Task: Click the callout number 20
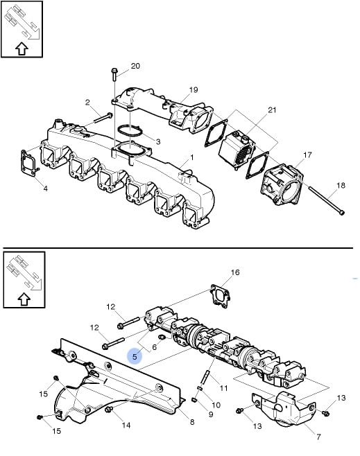pyautogui.click(x=135, y=66)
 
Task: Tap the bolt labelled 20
pyautogui.click(x=114, y=74)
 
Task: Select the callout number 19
pyautogui.click(x=194, y=90)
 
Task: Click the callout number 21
pyautogui.click(x=272, y=110)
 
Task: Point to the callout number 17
pyautogui.click(x=307, y=155)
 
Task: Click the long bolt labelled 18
pyautogui.click(x=327, y=200)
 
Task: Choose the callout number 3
pyautogui.click(x=158, y=141)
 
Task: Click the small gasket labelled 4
pyautogui.click(x=29, y=163)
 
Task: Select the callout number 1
pyautogui.click(x=192, y=157)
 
